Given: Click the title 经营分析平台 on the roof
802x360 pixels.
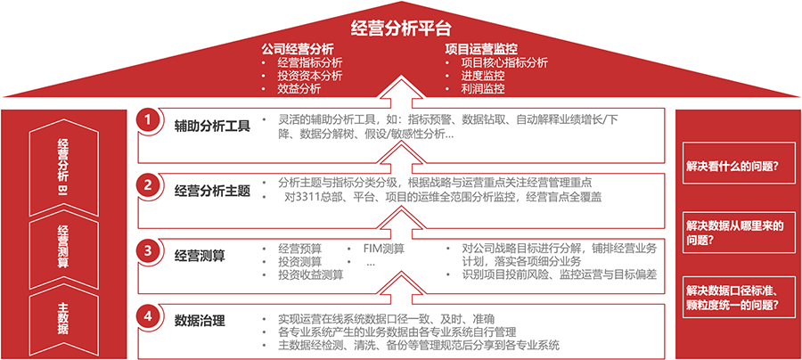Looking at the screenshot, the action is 401,29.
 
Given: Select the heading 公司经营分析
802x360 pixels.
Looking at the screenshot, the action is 297,49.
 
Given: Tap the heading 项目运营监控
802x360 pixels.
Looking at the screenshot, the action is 481,49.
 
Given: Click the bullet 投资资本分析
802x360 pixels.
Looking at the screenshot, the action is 310,77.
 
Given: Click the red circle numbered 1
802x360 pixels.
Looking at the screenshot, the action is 148,122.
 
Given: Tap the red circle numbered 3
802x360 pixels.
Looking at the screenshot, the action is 148,251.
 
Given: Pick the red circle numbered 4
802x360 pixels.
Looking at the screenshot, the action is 148,316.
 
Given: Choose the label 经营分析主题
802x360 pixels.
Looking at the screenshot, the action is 212,192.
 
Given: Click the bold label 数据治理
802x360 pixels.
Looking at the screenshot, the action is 200,321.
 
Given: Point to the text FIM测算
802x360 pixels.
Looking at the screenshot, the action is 384,249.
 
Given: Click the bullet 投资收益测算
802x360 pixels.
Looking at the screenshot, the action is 310,274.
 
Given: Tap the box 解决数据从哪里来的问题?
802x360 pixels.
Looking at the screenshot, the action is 738,233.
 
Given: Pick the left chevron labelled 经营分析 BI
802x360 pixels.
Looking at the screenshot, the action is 64,168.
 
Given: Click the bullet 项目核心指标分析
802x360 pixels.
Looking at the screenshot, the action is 504,63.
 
